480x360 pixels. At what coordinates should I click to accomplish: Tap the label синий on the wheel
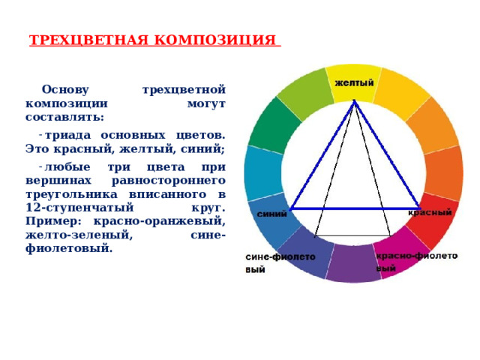pos(271,214)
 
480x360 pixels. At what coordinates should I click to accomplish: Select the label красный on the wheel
pos(430,213)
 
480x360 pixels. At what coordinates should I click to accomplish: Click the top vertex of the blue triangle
pos(355,101)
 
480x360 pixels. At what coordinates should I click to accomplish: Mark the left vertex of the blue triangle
pos(291,208)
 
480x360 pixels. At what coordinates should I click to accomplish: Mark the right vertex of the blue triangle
pos(420,208)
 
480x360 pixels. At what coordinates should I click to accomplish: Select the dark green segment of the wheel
pos(268,124)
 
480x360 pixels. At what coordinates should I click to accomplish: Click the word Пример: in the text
pos(52,220)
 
